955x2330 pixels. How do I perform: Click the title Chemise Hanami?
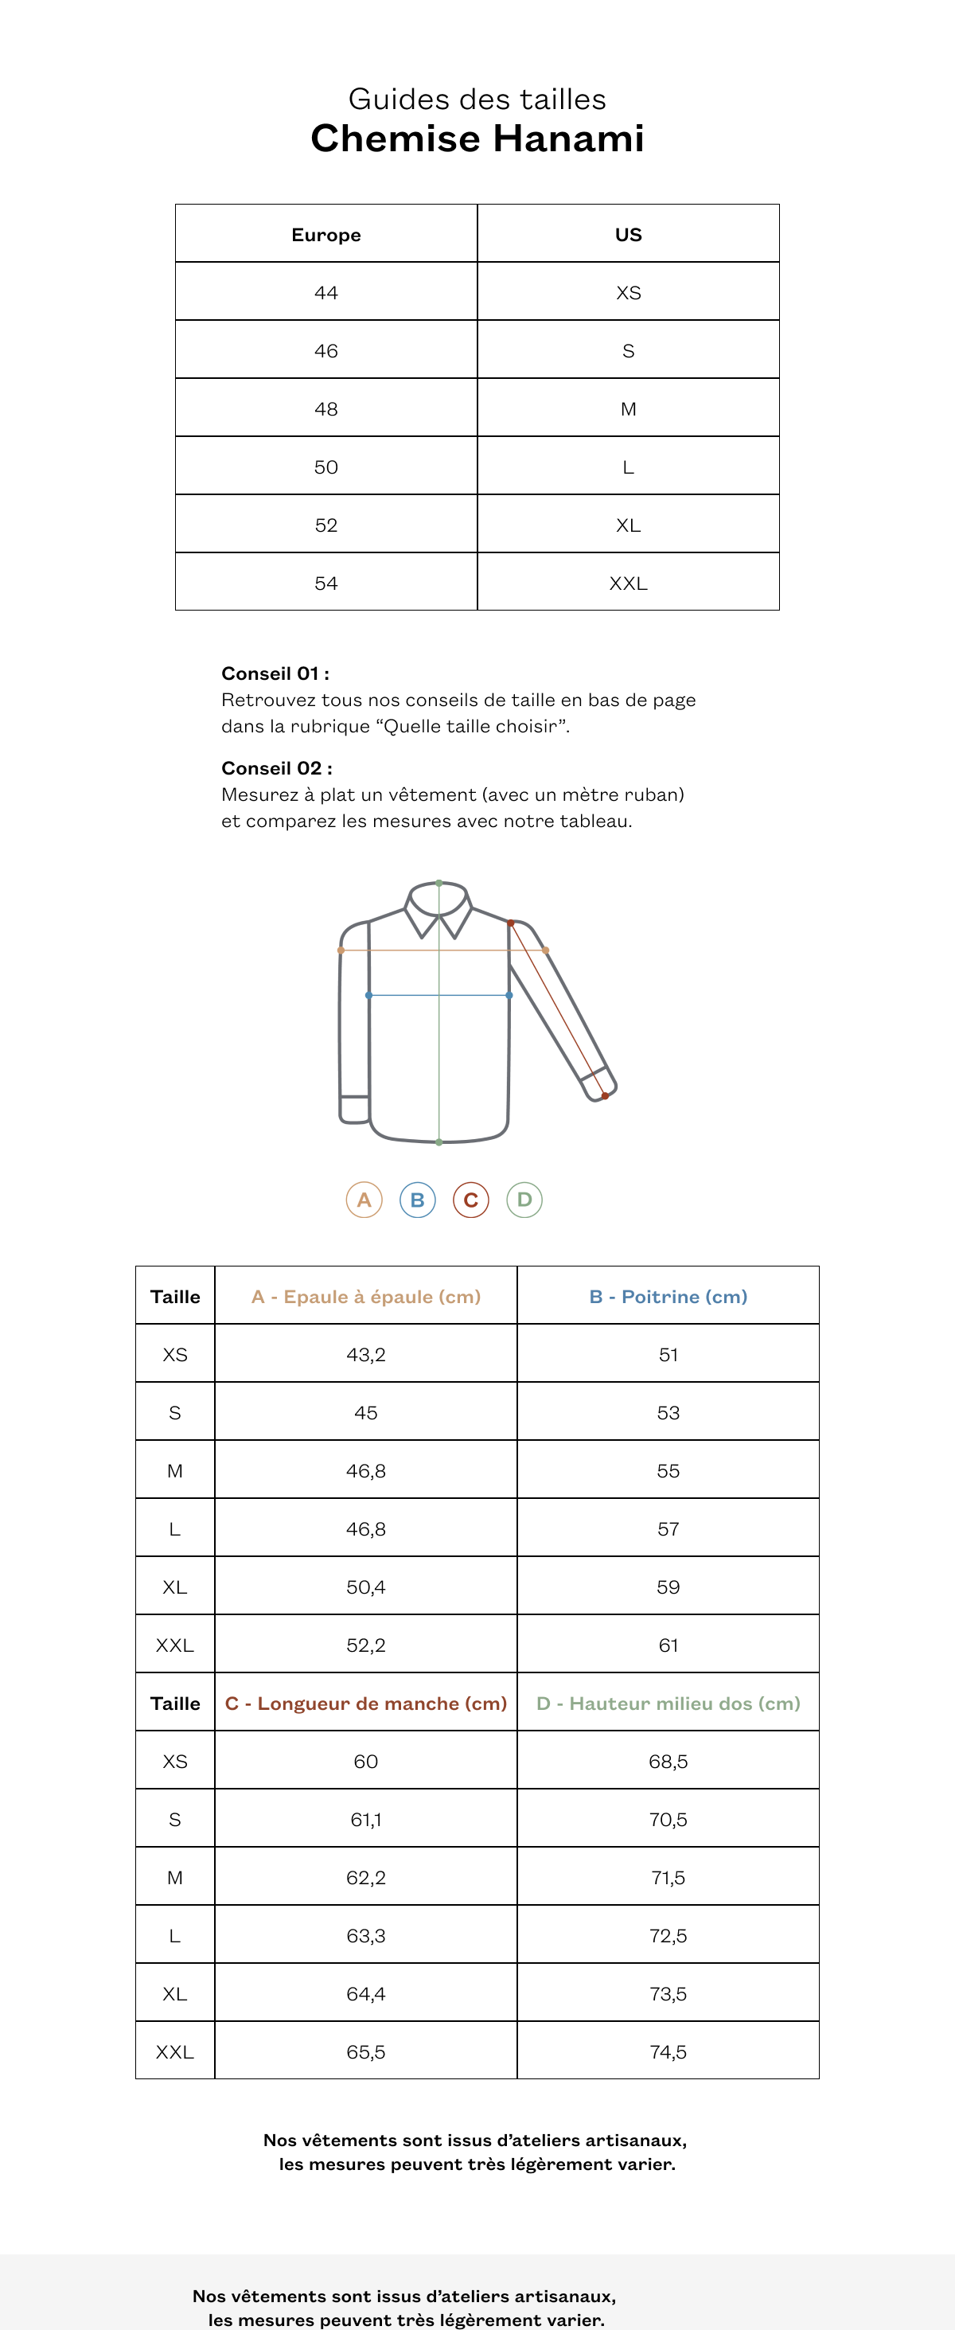[x=477, y=139]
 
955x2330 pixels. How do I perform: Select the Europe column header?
[x=325, y=235]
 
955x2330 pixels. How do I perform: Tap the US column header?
[x=628, y=235]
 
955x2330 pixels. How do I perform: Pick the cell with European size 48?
[x=325, y=409]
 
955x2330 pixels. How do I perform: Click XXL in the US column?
[x=628, y=583]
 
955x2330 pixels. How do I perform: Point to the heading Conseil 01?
[x=275, y=673]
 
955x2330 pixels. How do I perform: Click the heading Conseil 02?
[x=277, y=768]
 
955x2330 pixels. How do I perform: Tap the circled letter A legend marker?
[x=364, y=1200]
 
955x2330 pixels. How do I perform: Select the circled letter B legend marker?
[x=418, y=1200]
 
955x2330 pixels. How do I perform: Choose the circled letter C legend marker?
[x=470, y=1200]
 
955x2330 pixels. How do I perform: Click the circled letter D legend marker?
[x=524, y=1200]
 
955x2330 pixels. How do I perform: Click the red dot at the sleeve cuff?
[x=605, y=1096]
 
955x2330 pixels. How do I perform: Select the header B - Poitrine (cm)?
[x=668, y=1296]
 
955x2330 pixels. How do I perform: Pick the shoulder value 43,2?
[x=365, y=1354]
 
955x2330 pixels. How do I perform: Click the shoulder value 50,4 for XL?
[x=365, y=1587]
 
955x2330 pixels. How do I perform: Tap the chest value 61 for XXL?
[x=668, y=1645]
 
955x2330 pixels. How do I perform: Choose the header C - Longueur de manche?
[x=365, y=1704]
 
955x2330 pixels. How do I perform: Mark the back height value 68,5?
[x=668, y=1761]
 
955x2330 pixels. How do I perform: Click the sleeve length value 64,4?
[x=365, y=1993]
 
